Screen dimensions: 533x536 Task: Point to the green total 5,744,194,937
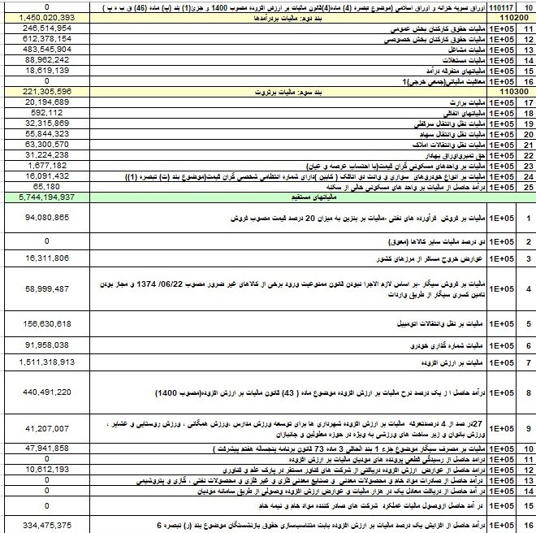[50, 197]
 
